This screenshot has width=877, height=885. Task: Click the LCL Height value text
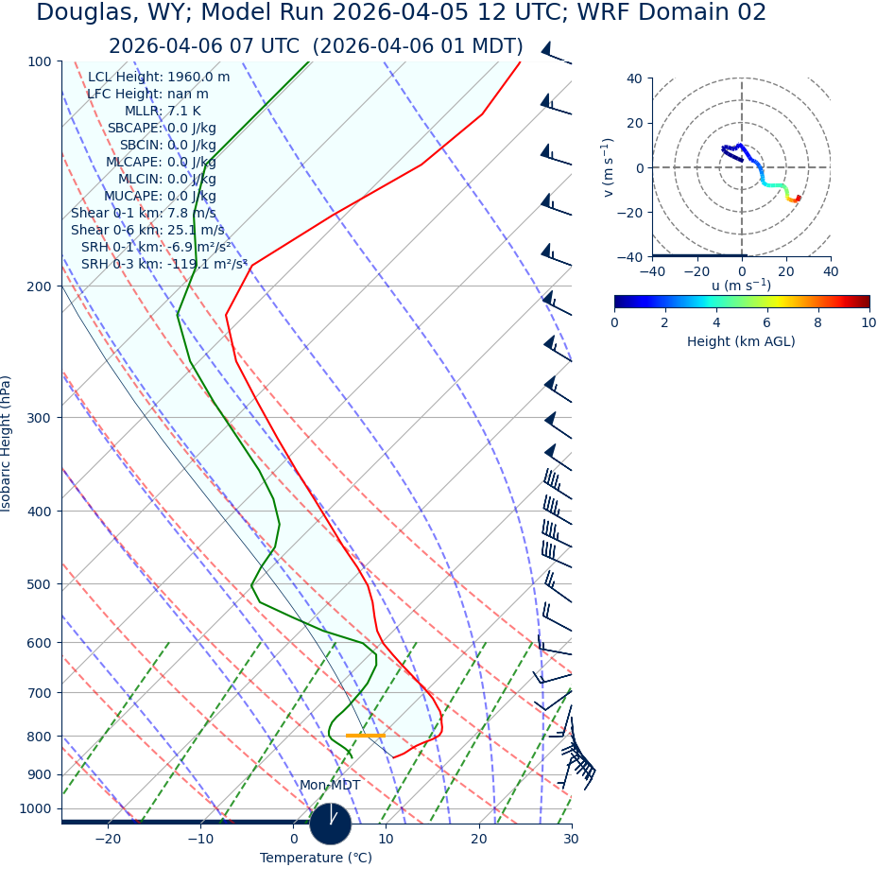[x=159, y=78]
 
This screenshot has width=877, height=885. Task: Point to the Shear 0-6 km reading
[x=147, y=231]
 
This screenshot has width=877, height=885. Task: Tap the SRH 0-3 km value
[x=163, y=265]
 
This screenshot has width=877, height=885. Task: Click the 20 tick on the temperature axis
[x=479, y=840]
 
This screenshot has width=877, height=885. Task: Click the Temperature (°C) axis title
[x=316, y=859]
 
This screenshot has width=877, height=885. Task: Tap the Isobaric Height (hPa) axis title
[x=8, y=443]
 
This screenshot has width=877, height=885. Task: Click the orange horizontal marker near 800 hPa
[x=365, y=736]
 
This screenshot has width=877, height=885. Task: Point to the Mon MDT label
[x=330, y=786]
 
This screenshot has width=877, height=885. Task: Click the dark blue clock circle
[x=330, y=824]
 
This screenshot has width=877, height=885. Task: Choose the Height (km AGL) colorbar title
[x=741, y=342]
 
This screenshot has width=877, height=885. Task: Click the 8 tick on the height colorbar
[x=818, y=323]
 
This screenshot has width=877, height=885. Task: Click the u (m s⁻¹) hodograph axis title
[x=741, y=286]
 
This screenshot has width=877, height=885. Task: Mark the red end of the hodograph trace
[x=799, y=197]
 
